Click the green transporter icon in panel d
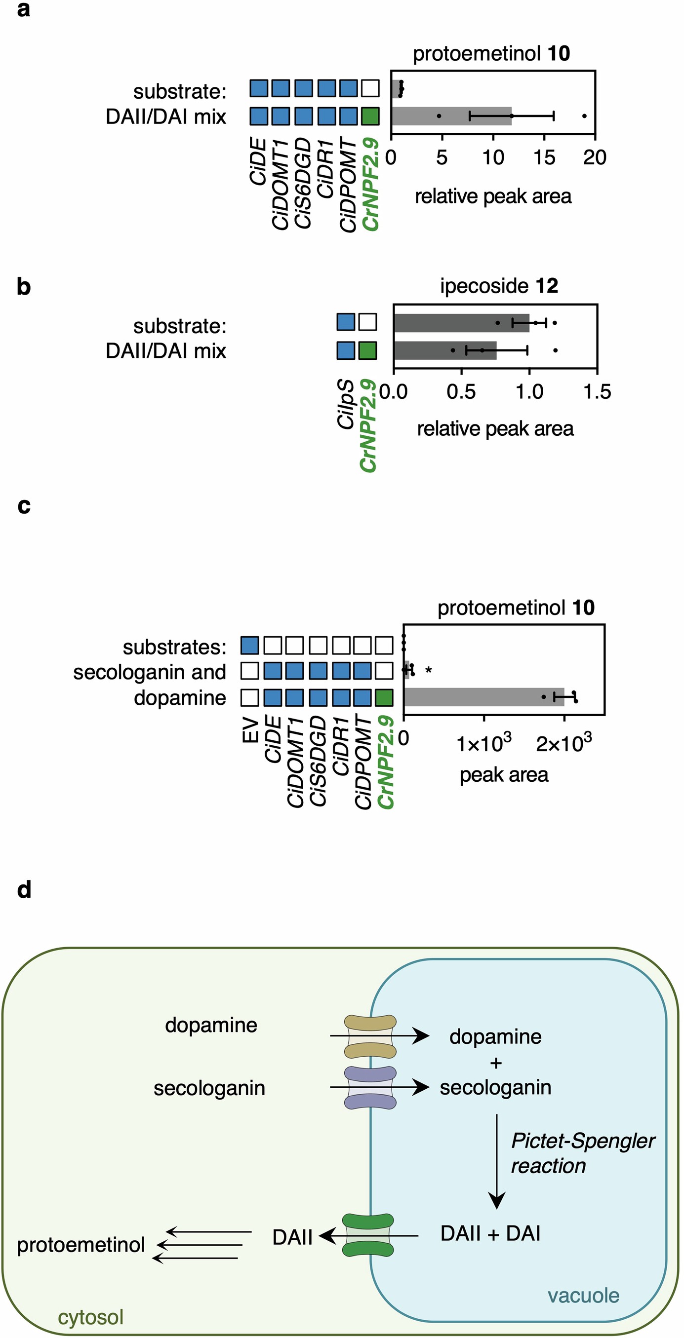pyautogui.click(x=368, y=1235)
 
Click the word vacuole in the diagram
pyautogui.click(x=583, y=1296)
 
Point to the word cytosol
pyautogui.click(x=90, y=1317)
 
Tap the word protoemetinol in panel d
pyautogui.click(x=80, y=1245)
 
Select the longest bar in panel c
pyautogui.click(x=483, y=697)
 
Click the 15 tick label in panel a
pyautogui.click(x=544, y=157)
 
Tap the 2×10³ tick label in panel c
pyautogui.click(x=563, y=744)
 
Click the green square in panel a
pyautogui.click(x=370, y=116)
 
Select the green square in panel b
pyautogui.click(x=367, y=350)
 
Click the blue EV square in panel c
pyautogui.click(x=249, y=646)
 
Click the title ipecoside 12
pyautogui.click(x=498, y=286)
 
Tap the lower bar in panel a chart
pyautogui.click(x=451, y=116)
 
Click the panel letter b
pyautogui.click(x=24, y=287)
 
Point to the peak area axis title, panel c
pyautogui.click(x=504, y=774)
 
